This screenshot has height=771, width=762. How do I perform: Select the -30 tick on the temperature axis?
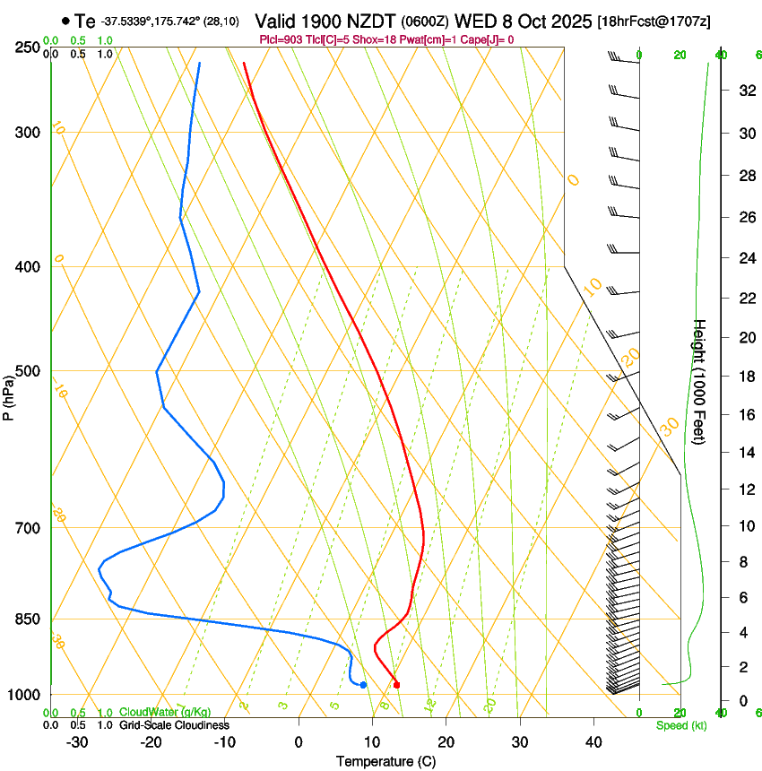point(77,741)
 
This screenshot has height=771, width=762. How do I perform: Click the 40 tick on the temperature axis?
point(593,741)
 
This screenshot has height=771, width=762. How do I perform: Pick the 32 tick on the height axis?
point(745,91)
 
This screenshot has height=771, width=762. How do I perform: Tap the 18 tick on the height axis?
point(745,377)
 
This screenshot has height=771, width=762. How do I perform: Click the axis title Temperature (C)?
point(385,761)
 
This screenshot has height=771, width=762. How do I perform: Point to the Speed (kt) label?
point(680,725)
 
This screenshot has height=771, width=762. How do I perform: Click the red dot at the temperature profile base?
point(396,685)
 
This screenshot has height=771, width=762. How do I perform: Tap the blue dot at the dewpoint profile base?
point(363,685)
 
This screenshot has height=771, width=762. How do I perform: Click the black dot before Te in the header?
point(65,21)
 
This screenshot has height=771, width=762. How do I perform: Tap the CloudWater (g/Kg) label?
point(165,713)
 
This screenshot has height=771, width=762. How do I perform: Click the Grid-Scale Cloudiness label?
point(174,725)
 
